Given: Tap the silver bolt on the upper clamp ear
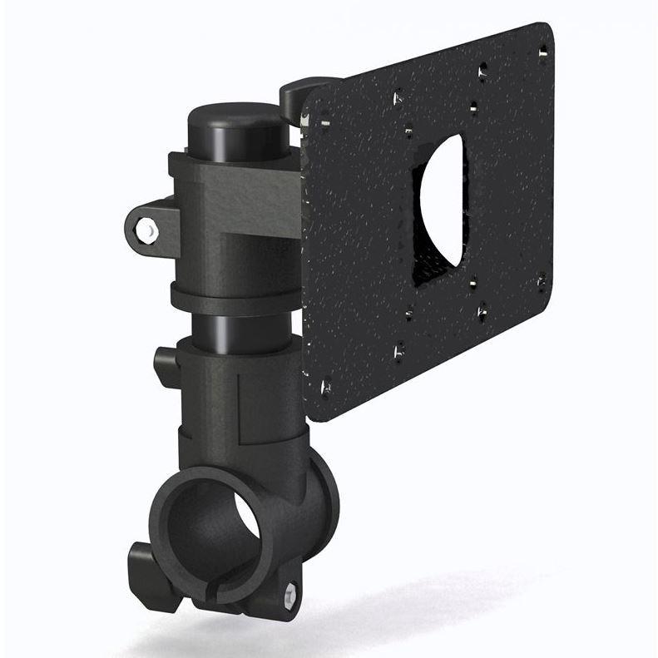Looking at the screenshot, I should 147,230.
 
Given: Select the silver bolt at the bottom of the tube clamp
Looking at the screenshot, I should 289,593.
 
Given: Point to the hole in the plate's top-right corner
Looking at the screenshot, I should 543,51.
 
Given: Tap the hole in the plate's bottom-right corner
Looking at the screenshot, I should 542,279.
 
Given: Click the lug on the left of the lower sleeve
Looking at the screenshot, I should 165,365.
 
